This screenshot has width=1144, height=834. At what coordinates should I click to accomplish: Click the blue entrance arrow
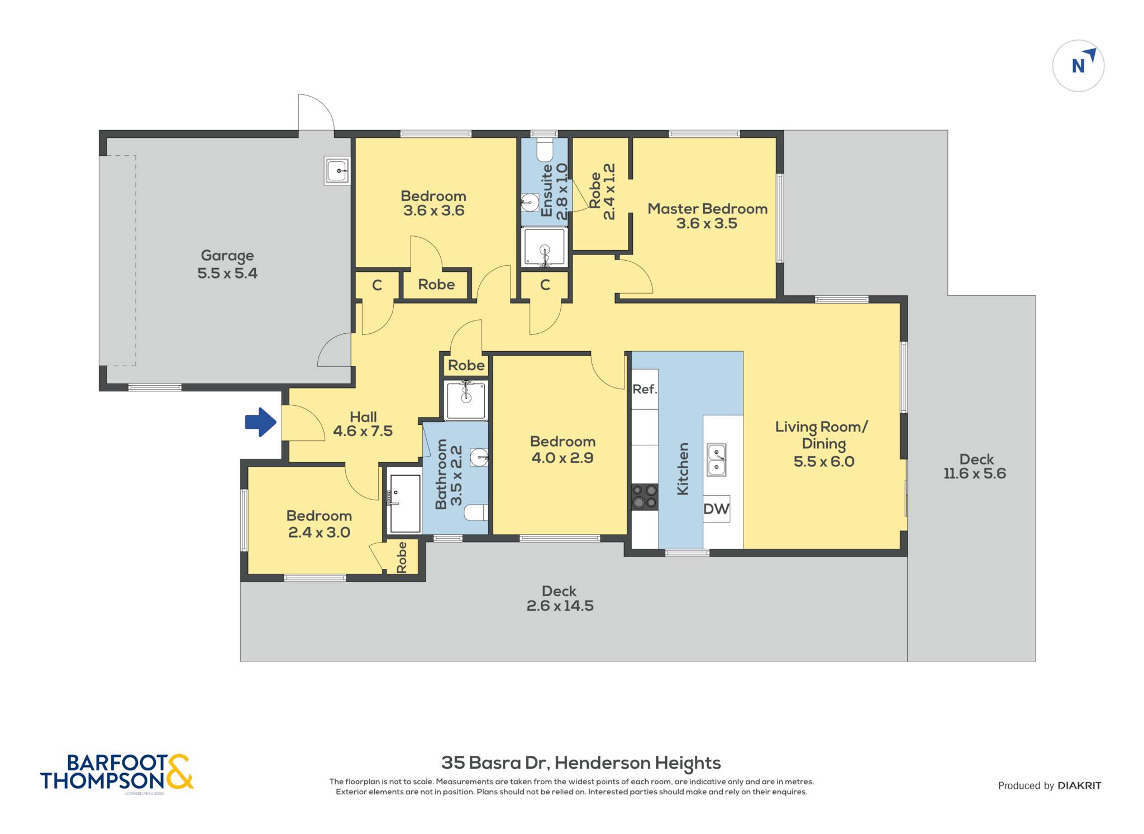pyautogui.click(x=261, y=422)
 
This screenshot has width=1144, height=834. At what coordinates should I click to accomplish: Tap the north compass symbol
pyautogui.click(x=1078, y=65)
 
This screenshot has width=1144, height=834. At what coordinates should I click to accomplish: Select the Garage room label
pyautogui.click(x=227, y=264)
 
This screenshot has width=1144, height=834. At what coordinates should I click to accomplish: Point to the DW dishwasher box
pyautogui.click(x=716, y=509)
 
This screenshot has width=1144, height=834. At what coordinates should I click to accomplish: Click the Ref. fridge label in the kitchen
pyautogui.click(x=645, y=389)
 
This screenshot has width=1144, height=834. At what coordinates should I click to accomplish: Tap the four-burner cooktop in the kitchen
pyautogui.click(x=645, y=497)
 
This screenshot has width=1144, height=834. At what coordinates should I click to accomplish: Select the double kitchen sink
pyautogui.click(x=717, y=459)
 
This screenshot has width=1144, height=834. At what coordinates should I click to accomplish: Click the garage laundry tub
pyautogui.click(x=337, y=170)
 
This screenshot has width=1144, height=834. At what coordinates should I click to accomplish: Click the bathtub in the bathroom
pyautogui.click(x=404, y=504)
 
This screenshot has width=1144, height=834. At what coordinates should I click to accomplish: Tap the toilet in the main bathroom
pyautogui.click(x=476, y=512)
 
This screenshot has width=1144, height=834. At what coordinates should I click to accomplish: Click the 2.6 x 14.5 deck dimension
pyautogui.click(x=560, y=606)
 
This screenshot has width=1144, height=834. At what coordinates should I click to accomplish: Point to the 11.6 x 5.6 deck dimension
pyautogui.click(x=975, y=473)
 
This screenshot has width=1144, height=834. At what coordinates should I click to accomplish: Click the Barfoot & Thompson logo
pyautogui.click(x=117, y=772)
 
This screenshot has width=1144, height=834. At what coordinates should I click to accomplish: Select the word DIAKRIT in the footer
pyautogui.click(x=1079, y=785)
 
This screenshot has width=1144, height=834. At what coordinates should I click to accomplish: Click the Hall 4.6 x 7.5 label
pyautogui.click(x=363, y=424)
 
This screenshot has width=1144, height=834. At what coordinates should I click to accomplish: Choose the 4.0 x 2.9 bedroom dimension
pyautogui.click(x=563, y=458)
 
